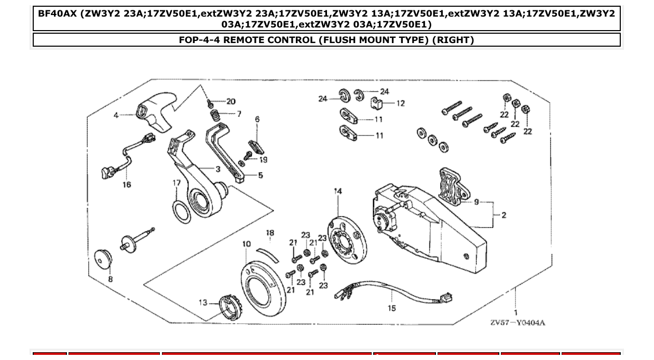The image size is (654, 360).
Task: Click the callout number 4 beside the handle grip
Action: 116,115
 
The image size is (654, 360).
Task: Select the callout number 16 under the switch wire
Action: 127,184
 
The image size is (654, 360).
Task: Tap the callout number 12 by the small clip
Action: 400,103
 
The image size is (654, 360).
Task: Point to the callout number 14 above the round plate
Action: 338,191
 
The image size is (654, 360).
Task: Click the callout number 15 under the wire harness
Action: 391,308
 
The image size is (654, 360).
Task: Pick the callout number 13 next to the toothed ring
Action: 202,303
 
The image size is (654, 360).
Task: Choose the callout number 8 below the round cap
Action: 110,279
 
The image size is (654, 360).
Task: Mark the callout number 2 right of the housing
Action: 503,215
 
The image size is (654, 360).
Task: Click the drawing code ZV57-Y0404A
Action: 517,323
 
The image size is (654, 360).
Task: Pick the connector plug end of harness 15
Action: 446,299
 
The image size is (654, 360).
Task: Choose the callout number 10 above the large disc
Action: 247,244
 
